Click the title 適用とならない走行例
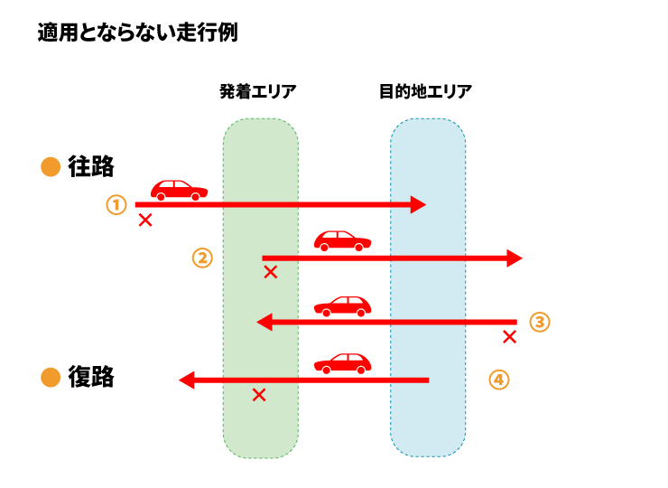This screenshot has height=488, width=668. pos(137,33)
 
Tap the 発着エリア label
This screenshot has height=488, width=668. pos(258,91)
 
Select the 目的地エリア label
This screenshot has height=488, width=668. pos(426,91)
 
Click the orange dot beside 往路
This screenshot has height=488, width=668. pos(51,167)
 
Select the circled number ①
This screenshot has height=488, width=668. pos(116,204)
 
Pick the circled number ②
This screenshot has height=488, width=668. pos(202,258)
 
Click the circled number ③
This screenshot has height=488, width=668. pos(539,322)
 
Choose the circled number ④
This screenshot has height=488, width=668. pos(499,379)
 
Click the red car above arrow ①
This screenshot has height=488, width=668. pos(179,189)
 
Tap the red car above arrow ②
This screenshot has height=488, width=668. pos(343,240)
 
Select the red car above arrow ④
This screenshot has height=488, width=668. pos(343,362)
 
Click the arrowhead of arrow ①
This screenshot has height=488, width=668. pos(418,204)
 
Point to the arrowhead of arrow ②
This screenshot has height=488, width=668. pos(514,258)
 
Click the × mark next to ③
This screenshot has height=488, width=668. pos(509,337)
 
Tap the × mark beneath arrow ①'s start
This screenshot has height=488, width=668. pos(144,220)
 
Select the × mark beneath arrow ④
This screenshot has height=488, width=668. pos(259,395)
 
